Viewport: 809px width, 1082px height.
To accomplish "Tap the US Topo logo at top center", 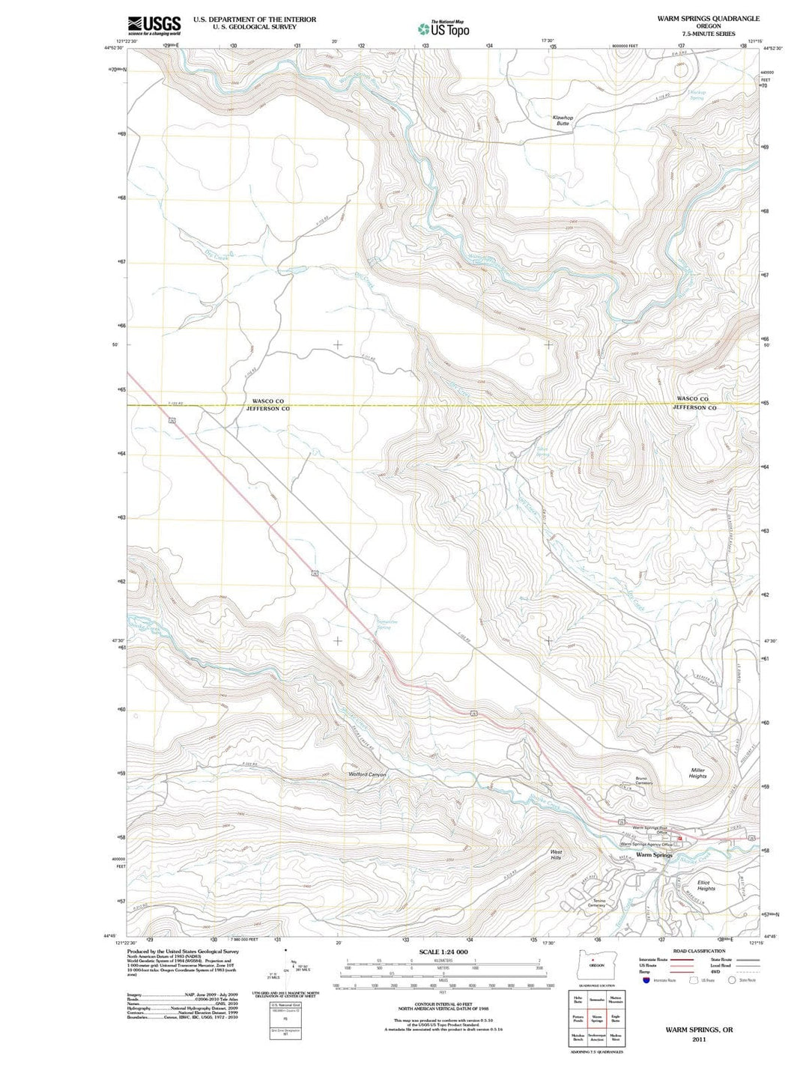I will tap(443, 28).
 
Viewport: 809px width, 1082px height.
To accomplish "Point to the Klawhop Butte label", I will tap(563, 121).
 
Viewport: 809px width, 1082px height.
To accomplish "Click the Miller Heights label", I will tap(697, 773).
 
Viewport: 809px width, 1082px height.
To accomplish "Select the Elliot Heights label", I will tap(706, 885).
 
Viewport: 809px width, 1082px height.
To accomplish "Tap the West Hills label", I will tap(556, 854).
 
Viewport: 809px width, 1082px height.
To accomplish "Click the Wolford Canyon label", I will tap(367, 774).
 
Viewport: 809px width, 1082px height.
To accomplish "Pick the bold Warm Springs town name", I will tap(654, 854).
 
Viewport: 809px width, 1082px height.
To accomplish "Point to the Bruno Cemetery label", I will tap(644, 781).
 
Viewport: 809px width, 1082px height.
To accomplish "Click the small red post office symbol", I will tap(680, 837).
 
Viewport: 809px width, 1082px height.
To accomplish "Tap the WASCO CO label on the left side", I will tap(267, 401).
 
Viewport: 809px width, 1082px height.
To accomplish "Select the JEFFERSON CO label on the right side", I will tap(694, 408).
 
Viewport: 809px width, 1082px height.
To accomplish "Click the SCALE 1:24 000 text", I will tap(443, 952).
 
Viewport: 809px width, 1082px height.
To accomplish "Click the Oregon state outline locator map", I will tap(596, 961).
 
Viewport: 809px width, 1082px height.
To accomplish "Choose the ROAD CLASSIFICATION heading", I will tap(700, 951).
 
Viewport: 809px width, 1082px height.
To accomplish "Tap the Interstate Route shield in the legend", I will tap(646, 980).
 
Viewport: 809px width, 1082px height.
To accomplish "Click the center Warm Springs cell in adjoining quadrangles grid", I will tap(597, 1018).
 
